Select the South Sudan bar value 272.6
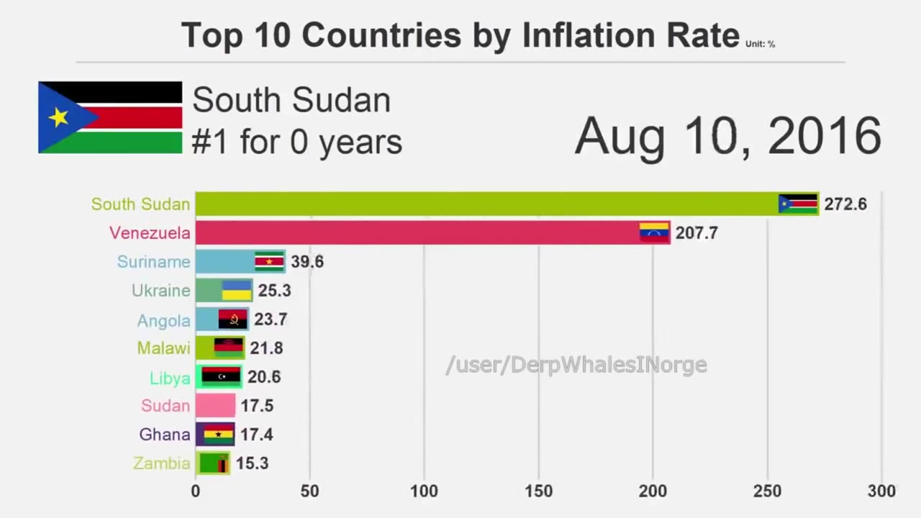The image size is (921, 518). (845, 204)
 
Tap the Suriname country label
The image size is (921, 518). (153, 262)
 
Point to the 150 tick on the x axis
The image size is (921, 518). (538, 491)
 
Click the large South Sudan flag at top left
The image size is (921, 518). (110, 117)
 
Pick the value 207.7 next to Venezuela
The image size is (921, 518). (697, 233)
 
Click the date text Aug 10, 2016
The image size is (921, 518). (728, 135)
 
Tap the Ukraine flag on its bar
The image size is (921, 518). (236, 291)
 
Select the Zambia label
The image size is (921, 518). (162, 463)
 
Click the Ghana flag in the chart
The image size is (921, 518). (218, 435)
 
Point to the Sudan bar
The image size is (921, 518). (215, 406)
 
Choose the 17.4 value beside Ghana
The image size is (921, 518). (257, 435)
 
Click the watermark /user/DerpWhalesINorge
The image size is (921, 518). (576, 365)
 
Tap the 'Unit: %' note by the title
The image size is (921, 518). (760, 44)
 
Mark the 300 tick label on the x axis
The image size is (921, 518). (881, 491)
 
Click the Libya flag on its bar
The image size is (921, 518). (220, 376)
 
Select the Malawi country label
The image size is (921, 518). (163, 348)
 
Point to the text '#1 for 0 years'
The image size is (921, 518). (296, 142)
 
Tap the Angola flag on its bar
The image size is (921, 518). (233, 319)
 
